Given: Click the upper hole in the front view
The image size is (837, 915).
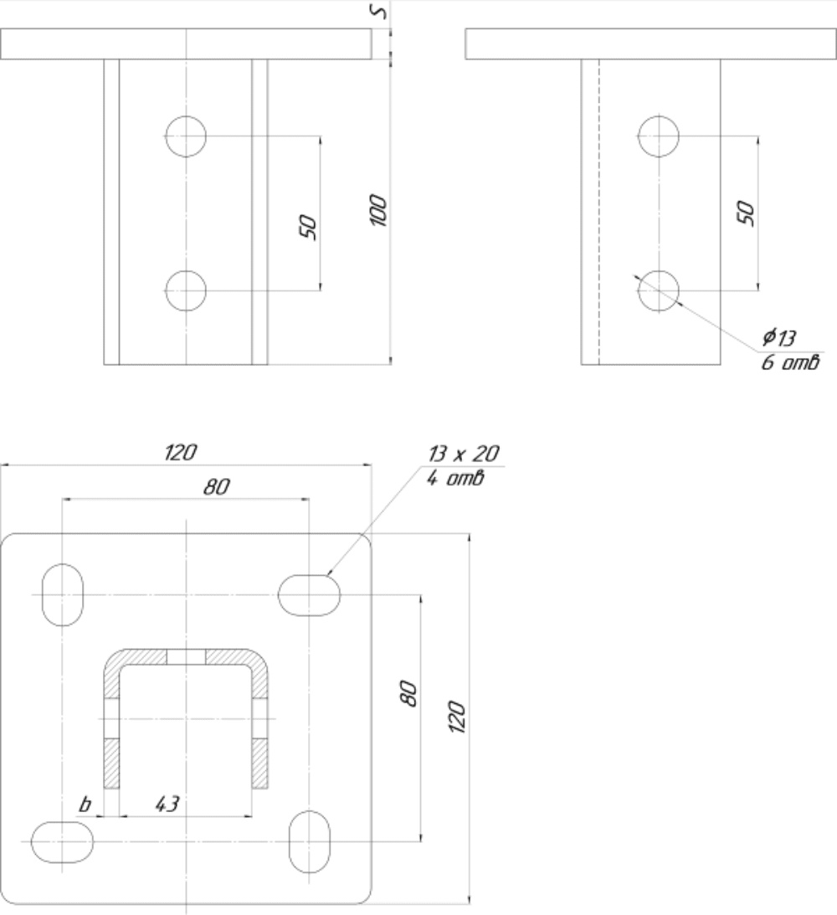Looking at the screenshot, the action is [186, 136].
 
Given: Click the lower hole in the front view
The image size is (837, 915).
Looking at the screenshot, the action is [186, 290].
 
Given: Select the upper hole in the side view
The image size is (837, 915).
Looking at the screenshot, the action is [659, 136].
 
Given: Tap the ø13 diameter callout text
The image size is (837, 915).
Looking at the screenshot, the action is [778, 337].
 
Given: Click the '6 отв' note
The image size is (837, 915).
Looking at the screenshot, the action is [790, 363].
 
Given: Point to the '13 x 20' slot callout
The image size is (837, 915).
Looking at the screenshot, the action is [464, 454].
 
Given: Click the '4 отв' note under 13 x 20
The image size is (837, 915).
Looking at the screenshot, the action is [455, 479].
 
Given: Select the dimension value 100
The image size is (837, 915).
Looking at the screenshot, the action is [378, 211].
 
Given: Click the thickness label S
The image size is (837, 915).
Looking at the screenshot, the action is [379, 11].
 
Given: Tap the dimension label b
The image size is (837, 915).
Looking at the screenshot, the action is [85, 804].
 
